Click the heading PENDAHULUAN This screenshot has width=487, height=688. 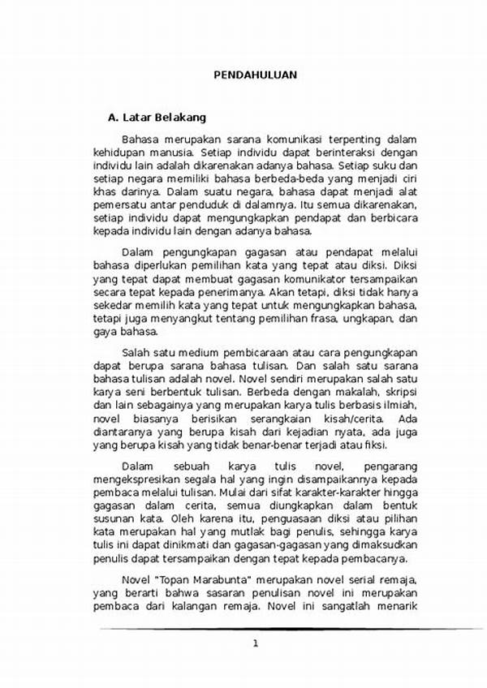255,75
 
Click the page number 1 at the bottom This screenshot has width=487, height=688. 255,643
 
